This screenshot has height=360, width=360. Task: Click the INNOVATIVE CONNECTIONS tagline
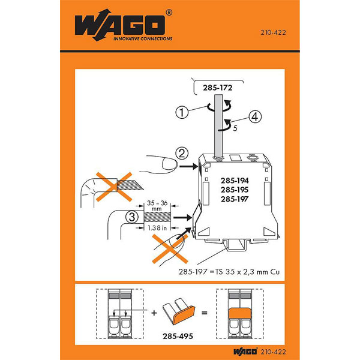tap(142, 38)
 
